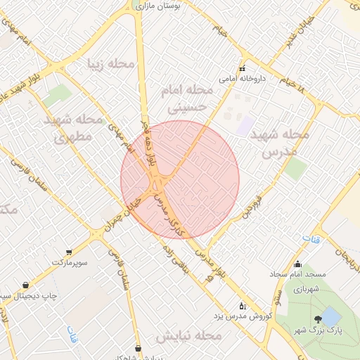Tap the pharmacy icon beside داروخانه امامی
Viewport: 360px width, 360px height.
click(x=242, y=69)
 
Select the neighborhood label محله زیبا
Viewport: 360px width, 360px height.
click(x=111, y=64)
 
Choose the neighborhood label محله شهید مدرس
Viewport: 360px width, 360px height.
click(x=279, y=142)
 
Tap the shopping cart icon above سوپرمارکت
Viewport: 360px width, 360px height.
click(x=68, y=252)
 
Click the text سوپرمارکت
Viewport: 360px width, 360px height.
click(x=68, y=263)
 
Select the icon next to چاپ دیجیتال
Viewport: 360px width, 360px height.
click(x=26, y=285)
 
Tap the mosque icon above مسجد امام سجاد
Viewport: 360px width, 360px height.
click(x=297, y=264)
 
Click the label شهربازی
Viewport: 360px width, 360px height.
click(x=307, y=288)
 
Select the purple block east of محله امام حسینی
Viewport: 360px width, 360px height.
click(x=245, y=127)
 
